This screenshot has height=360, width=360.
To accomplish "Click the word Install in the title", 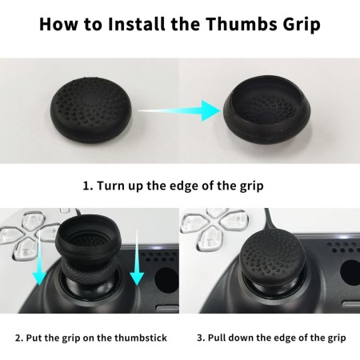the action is [x=137, y=24].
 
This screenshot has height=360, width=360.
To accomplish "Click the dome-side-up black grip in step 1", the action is [x=91, y=110].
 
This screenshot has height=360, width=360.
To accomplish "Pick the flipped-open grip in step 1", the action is [x=266, y=110].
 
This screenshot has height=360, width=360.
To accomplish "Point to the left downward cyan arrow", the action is [x=40, y=258].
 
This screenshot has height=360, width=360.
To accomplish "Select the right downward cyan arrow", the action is [x=137, y=258].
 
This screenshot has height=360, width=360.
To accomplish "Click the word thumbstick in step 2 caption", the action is [x=141, y=338].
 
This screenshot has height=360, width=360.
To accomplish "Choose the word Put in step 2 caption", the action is [x=34, y=338].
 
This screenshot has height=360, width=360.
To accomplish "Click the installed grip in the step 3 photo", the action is [x=273, y=256].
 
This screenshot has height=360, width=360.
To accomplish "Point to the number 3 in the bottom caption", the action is [x=200, y=338].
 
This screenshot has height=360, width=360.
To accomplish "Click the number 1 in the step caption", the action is [x=86, y=186].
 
